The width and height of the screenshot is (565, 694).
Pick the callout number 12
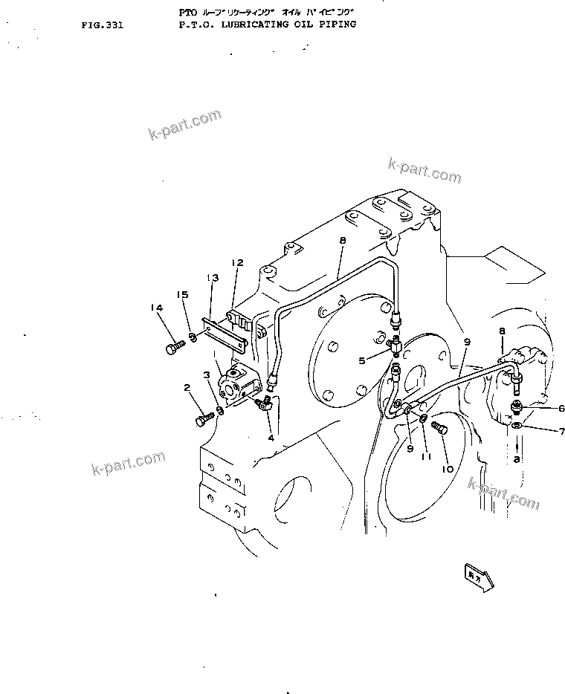(237, 262)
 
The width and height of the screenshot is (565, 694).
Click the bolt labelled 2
(204, 421)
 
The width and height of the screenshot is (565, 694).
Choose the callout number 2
(187, 387)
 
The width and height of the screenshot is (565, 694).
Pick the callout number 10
(448, 469)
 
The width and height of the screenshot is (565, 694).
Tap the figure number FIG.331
(103, 25)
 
